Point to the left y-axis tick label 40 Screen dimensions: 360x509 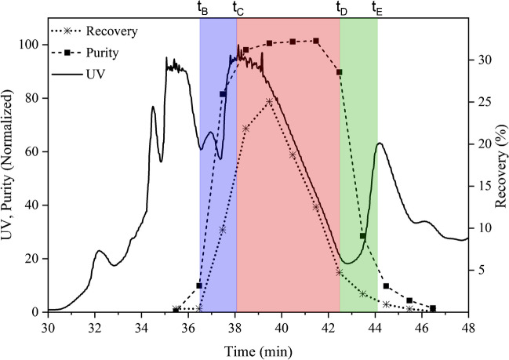click(x=35, y=205)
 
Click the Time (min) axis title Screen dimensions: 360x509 click(x=258, y=345)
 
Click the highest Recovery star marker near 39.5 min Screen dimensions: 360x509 click(x=269, y=102)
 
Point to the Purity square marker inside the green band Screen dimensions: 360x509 click(x=362, y=236)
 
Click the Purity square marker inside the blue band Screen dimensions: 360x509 click(x=223, y=94)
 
